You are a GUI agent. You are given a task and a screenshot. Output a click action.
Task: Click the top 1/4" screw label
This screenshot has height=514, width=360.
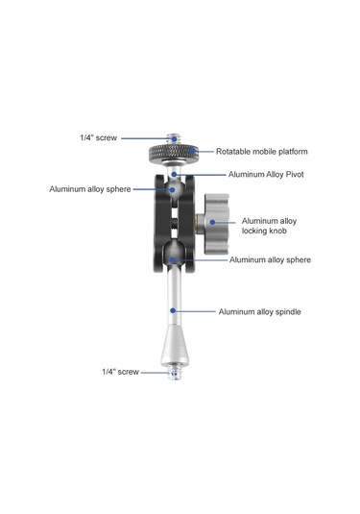tap(98, 137)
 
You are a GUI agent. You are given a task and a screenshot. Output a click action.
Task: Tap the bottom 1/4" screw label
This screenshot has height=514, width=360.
tap(120, 372)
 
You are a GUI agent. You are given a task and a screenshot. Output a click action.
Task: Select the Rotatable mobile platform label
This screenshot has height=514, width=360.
tap(262, 152)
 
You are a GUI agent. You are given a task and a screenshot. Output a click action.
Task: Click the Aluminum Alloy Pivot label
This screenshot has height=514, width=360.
tap(266, 174)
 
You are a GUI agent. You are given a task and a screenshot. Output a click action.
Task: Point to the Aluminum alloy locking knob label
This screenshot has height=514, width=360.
tap(269, 226)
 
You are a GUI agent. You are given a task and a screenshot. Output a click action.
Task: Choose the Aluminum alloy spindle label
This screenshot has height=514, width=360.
tap(260, 311)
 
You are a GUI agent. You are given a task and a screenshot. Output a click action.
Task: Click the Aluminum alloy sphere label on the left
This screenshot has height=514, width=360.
tap(90, 189)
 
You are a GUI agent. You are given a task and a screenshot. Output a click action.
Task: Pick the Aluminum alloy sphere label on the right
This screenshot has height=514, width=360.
tap(270, 259)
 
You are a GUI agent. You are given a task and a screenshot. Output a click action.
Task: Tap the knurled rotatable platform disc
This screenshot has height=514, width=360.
tap(174, 153)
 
